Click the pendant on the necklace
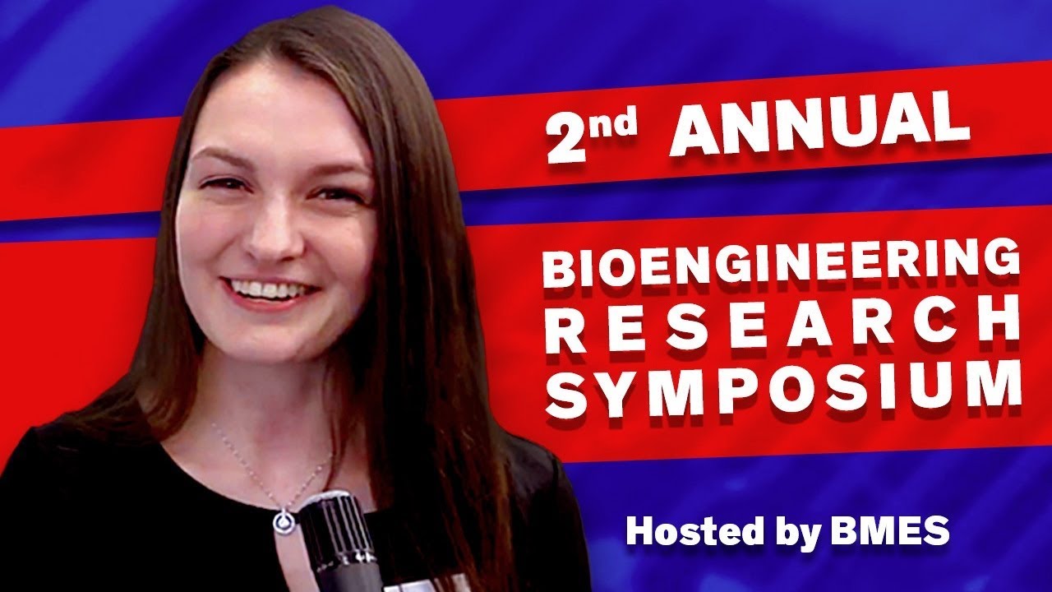tap(284, 520)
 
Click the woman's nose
tap(267, 230)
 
